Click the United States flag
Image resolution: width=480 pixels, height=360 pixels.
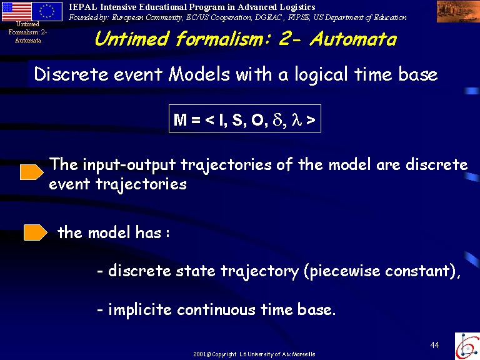[16, 11]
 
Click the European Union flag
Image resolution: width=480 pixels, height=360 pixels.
[47, 11]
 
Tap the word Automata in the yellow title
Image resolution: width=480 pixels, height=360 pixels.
[353, 39]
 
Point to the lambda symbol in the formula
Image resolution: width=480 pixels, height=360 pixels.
[297, 119]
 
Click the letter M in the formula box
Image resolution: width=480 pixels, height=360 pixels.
[180, 119]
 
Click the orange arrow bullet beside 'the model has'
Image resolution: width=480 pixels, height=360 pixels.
[36, 232]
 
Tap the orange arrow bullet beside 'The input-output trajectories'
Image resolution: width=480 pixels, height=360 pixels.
[32, 172]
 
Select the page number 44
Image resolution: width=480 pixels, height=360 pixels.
[434, 345]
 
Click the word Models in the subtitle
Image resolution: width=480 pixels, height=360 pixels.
[199, 74]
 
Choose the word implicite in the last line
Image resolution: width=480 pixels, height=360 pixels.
[140, 309]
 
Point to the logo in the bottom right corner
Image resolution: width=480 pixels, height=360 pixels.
[467, 346]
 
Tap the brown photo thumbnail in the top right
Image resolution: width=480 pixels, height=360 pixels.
[458, 11]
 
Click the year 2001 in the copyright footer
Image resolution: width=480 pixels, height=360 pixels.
[199, 354]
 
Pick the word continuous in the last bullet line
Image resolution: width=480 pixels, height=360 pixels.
[216, 309]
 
